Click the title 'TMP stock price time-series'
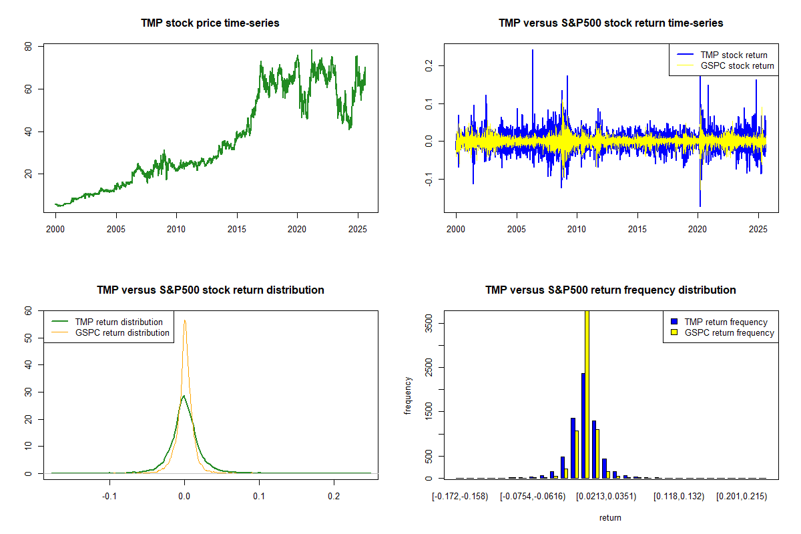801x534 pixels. pyautogui.click(x=210, y=23)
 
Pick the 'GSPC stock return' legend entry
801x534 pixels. pyautogui.click(x=737, y=65)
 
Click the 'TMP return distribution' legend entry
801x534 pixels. pyautogui.click(x=119, y=322)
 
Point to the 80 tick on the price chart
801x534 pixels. pyautogui.click(x=29, y=47)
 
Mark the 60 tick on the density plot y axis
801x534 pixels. pyautogui.click(x=29, y=310)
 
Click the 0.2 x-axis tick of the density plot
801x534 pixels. pyautogui.click(x=334, y=497)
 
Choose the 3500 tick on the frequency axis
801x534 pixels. pyautogui.click(x=420, y=323)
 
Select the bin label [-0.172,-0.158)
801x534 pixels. pyautogui.click(x=461, y=497)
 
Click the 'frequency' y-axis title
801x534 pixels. pyautogui.click(x=408, y=395)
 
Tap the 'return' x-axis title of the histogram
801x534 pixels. pyautogui.click(x=610, y=517)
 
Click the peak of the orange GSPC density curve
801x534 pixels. pyautogui.click(x=185, y=321)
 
